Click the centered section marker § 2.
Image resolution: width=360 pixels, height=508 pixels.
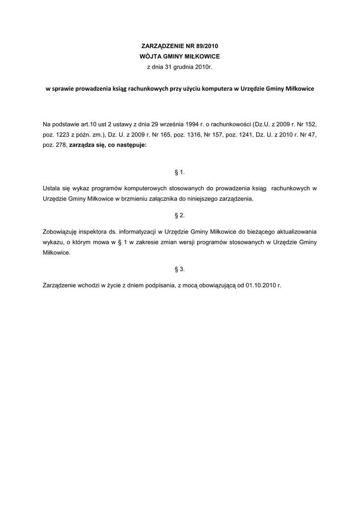pos(180,215)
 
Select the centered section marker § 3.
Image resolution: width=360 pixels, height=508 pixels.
pos(180,269)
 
